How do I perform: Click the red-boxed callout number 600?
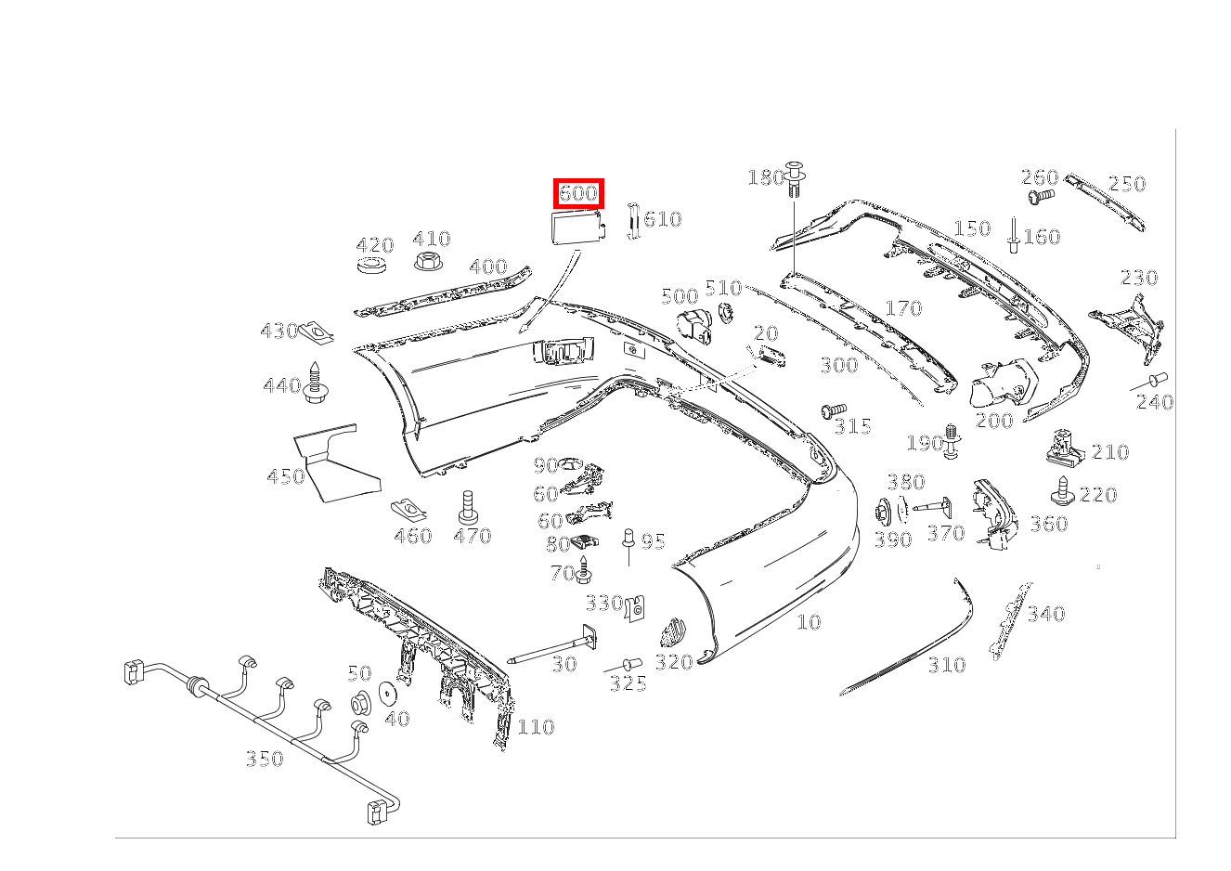[578, 194]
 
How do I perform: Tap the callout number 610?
[663, 219]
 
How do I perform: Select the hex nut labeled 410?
[427, 261]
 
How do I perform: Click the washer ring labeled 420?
[373, 267]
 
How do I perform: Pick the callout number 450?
[285, 476]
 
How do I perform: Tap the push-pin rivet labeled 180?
[796, 177]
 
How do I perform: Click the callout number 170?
[903, 308]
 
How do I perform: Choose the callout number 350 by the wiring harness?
[264, 759]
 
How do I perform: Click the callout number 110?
[536, 727]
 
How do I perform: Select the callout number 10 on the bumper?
[809, 622]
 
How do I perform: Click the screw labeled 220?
[1062, 488]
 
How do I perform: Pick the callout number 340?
[1046, 614]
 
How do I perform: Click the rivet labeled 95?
[628, 539]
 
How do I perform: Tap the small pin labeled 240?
[1158, 379]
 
